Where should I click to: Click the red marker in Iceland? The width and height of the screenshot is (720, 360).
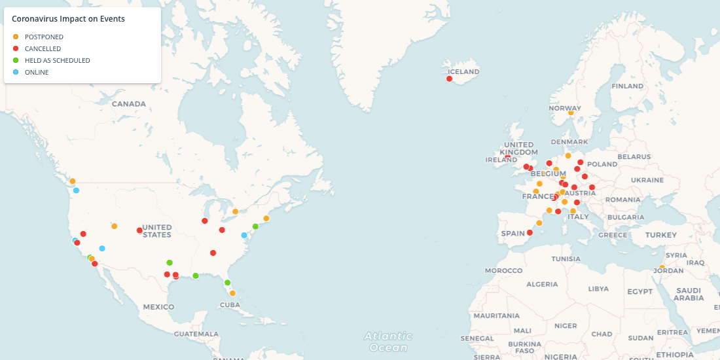pyautogui.click(x=449, y=79)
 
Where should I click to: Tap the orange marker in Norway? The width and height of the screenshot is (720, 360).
pyautogui.click(x=571, y=113)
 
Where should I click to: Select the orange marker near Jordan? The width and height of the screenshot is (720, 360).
pyautogui.click(x=662, y=268)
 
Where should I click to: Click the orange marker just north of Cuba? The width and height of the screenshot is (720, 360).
pyautogui.click(x=232, y=293)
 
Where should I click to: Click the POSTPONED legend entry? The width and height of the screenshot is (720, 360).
pyautogui.click(x=44, y=37)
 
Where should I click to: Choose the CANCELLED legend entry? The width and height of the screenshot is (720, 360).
pyautogui.click(x=43, y=48)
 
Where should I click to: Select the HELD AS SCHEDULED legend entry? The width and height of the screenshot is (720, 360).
pyautogui.click(x=57, y=60)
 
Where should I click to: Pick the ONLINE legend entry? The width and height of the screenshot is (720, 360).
pyautogui.click(x=37, y=72)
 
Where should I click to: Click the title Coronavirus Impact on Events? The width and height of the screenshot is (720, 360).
pyautogui.click(x=68, y=19)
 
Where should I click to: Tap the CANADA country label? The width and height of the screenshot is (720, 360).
pyautogui.click(x=128, y=104)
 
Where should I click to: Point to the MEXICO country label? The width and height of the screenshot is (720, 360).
pyautogui.click(x=158, y=307)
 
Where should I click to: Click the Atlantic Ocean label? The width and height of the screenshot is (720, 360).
pyautogui.click(x=389, y=341)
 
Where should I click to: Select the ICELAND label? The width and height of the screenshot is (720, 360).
pyautogui.click(x=463, y=71)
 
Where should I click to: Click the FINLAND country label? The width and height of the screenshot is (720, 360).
pyautogui.click(x=627, y=86)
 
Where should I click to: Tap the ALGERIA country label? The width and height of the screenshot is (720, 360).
pyautogui.click(x=542, y=284)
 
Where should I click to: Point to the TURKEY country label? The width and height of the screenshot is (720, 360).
pyautogui.click(x=661, y=235)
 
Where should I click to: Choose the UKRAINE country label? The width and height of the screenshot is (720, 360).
pyautogui.click(x=647, y=179)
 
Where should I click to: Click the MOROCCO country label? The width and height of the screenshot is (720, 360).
pyautogui.click(x=503, y=270)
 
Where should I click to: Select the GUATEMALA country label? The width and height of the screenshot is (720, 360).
pyautogui.click(x=196, y=334)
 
